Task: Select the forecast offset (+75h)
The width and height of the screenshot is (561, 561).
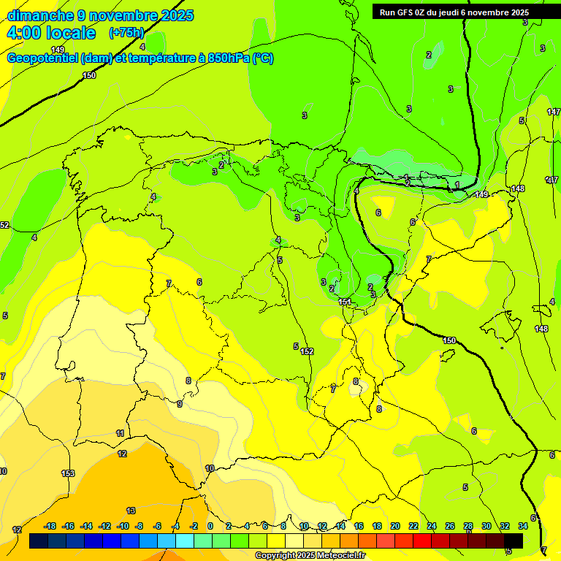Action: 126,33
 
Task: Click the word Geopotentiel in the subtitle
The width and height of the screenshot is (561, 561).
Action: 43,58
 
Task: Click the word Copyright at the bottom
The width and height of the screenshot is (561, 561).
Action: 275,556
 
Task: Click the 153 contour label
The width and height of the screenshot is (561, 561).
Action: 68,473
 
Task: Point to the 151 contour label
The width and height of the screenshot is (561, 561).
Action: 345,302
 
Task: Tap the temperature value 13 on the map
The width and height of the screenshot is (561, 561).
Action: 131,511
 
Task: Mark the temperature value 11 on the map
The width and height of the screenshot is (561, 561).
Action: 121,433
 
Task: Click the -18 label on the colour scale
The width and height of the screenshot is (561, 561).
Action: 50,526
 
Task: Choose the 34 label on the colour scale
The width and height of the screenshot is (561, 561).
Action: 523,526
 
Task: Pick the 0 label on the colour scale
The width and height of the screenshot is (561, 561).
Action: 210,526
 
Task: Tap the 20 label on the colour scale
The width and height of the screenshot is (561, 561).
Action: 395,526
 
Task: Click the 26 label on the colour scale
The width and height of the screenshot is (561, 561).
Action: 450,526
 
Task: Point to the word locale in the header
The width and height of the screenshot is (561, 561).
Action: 69,33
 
